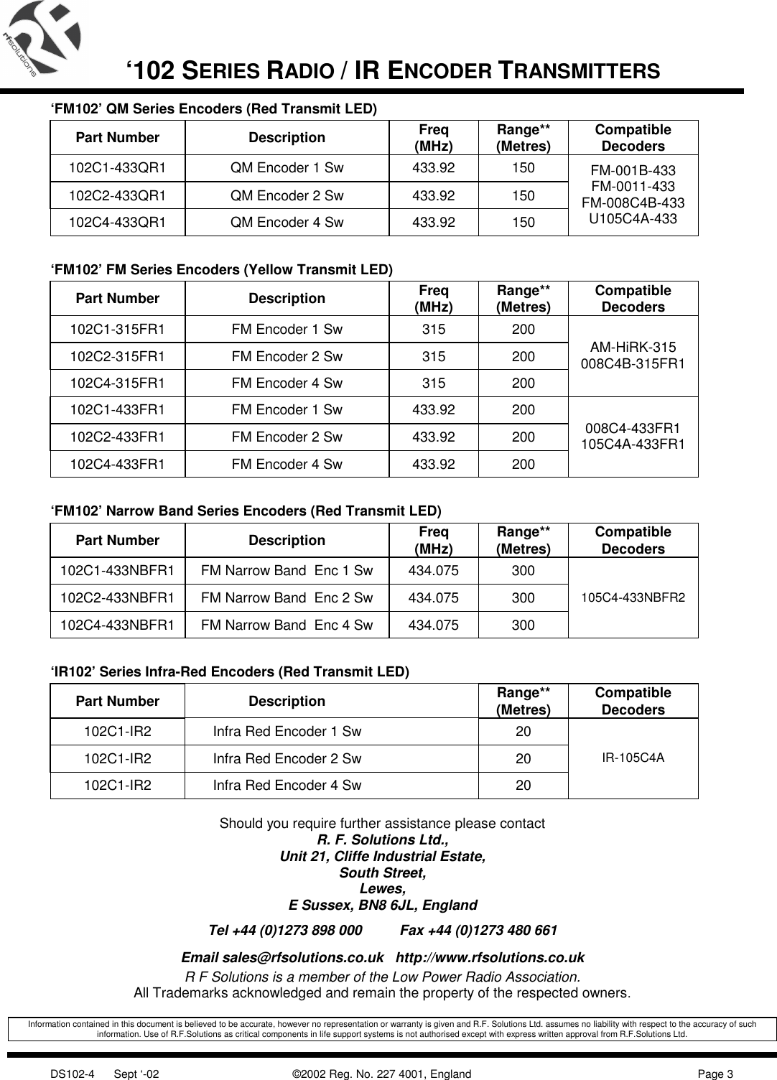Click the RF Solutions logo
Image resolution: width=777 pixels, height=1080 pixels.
click(x=41, y=37)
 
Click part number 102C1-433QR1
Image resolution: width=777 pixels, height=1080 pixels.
click(x=117, y=169)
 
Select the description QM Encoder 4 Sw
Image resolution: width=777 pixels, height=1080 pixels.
click(x=287, y=222)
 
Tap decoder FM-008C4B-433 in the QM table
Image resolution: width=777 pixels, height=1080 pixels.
click(x=633, y=202)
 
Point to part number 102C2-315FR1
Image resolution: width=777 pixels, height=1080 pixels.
click(x=117, y=356)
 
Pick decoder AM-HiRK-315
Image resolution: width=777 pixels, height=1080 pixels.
click(x=633, y=348)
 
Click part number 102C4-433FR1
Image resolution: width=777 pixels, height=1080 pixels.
click(x=117, y=464)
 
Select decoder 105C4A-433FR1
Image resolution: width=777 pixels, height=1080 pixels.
click(x=633, y=444)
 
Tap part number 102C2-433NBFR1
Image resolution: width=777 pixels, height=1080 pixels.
click(x=117, y=597)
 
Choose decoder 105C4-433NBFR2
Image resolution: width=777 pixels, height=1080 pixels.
click(x=633, y=597)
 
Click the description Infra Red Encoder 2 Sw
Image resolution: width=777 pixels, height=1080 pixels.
click(x=287, y=758)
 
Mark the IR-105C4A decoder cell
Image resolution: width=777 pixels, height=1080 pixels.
click(x=633, y=758)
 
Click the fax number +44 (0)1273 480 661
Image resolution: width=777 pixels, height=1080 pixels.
click(x=478, y=931)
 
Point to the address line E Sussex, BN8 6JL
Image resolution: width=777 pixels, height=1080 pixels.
click(x=382, y=905)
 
